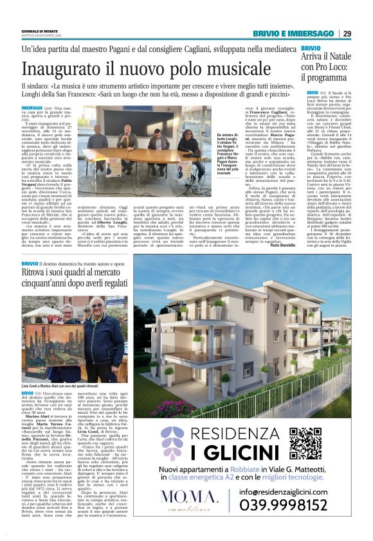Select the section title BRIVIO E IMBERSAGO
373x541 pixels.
coord(298,33)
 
